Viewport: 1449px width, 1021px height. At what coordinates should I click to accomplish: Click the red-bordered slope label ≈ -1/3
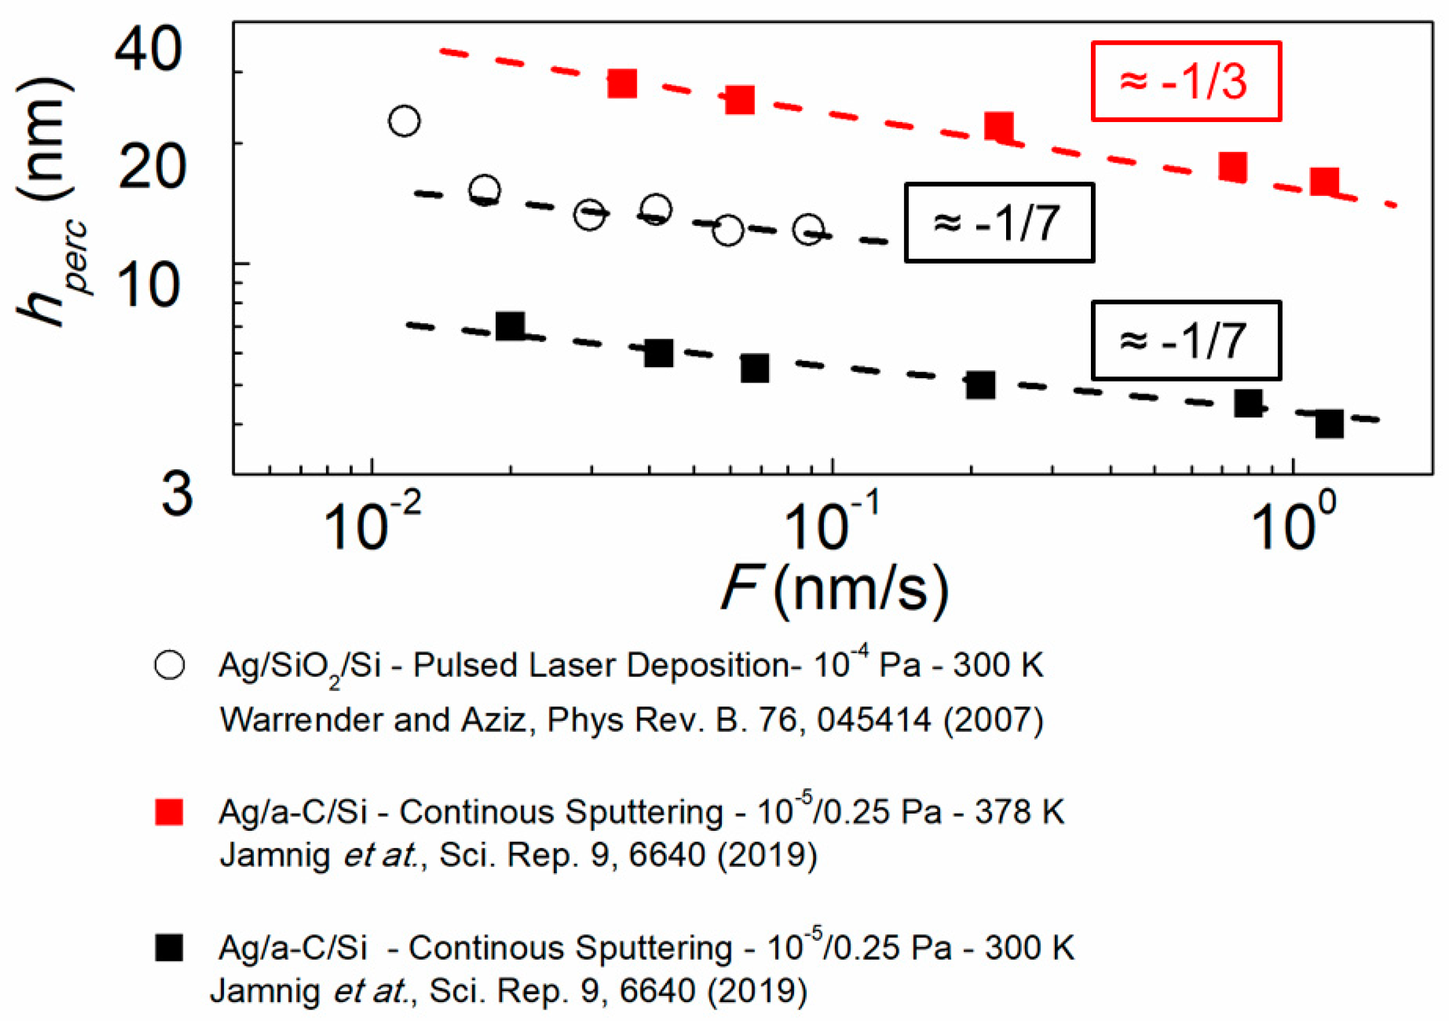coord(1185,81)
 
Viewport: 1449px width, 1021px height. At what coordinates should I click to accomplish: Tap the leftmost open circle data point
coord(405,120)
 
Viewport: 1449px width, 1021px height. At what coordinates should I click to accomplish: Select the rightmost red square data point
coord(1324,182)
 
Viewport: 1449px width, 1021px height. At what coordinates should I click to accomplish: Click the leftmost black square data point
coord(510,326)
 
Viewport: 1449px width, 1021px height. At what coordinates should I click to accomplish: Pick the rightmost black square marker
coord(1329,424)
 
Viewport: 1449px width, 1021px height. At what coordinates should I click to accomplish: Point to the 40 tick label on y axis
coord(149,50)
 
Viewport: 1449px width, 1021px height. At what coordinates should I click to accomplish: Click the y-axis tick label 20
coord(151,167)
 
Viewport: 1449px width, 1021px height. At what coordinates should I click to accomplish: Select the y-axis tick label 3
coord(176,494)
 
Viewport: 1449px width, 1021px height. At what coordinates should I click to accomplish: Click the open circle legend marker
coord(169,665)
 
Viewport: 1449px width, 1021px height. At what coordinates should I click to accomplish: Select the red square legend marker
coord(169,811)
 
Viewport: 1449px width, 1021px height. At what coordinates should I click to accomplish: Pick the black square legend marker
coord(169,948)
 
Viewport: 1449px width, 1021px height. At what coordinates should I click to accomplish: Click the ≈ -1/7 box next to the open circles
coord(999,223)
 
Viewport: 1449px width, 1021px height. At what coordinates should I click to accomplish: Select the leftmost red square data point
coord(622,83)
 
